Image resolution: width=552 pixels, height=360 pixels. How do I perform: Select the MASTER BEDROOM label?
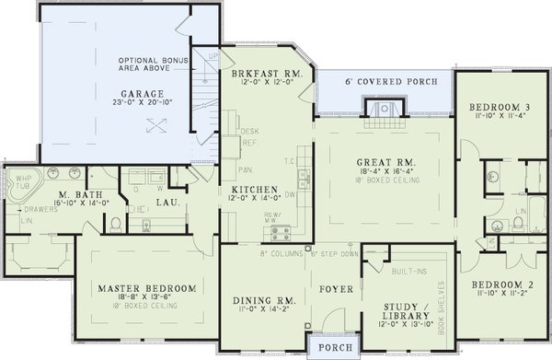pos(146,288)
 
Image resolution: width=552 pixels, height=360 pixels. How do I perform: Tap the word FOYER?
pos(328,288)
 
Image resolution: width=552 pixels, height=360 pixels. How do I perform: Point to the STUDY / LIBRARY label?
pos(402,312)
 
